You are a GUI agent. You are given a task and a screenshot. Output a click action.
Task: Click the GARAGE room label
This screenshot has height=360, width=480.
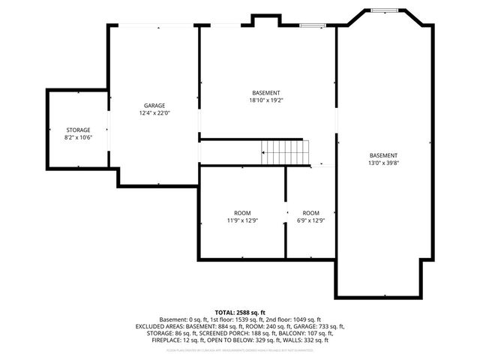[x=154, y=106]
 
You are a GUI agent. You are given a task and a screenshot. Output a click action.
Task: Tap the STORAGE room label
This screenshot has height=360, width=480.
[x=78, y=130]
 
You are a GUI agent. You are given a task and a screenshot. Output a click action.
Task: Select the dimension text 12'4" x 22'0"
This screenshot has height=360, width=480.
[x=154, y=113]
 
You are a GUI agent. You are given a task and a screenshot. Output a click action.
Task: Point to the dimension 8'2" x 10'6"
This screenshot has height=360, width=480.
[x=78, y=137]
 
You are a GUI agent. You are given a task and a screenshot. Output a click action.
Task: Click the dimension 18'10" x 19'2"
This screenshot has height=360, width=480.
[x=266, y=100]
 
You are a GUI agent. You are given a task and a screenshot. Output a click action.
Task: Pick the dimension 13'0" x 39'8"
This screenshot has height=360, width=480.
[x=383, y=163]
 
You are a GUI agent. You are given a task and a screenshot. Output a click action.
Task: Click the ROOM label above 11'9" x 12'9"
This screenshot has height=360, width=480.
[x=242, y=212]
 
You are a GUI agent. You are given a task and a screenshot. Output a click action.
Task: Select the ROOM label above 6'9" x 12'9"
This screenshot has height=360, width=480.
[x=310, y=212]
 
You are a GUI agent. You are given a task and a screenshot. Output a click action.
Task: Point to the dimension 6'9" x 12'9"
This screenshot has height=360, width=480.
[x=310, y=220]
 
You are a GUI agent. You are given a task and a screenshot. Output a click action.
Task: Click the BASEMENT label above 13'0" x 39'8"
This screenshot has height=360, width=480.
[x=383, y=155]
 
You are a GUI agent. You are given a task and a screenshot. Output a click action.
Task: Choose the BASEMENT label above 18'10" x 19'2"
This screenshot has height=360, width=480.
[x=266, y=92]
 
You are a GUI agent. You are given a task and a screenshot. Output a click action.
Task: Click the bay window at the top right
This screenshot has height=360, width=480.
[x=384, y=10]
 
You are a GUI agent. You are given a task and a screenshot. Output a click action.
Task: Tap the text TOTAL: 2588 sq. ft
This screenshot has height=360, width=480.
[x=240, y=312]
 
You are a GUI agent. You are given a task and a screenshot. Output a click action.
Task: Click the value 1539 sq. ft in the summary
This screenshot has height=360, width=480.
[x=244, y=319]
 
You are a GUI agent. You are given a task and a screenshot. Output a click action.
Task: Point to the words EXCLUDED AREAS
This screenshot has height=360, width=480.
[x=160, y=326]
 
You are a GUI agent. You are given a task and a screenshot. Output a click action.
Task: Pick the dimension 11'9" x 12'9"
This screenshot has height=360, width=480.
[x=242, y=220]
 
